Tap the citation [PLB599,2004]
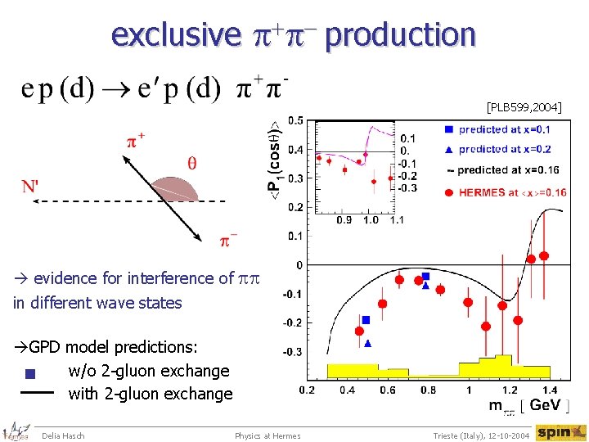524,106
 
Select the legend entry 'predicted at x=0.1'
504,129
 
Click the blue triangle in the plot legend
448,149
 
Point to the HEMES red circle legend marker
448,192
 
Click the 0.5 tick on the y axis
294,121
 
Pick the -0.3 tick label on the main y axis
292,352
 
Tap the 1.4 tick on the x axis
550,390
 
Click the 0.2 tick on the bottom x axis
307,390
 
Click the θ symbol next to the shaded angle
192,162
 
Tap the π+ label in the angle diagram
136,140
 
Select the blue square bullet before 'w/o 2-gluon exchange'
30,375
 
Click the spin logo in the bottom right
560,432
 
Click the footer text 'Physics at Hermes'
268,435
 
